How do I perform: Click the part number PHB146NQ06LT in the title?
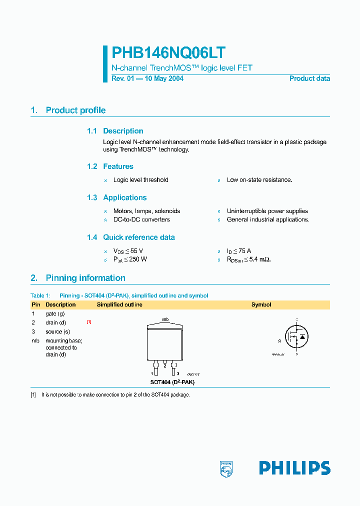pos(168,53)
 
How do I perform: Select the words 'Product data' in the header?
pos(309,78)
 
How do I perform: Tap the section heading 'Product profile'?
pos(75,110)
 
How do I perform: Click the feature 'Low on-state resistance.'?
pos(259,180)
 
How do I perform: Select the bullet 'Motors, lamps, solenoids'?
pos(146,211)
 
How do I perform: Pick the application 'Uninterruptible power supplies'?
pos(267,211)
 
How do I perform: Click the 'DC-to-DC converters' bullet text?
pos(141,219)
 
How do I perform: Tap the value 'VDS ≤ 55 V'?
pos(128,251)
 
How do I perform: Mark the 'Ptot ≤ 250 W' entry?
pos(130,259)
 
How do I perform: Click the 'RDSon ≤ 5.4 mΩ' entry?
pos(248,259)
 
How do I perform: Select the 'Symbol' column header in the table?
pos(261,304)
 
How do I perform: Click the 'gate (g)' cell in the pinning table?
pos(55,313)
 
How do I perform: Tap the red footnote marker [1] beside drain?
pos(88,322)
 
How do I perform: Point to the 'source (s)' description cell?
pos(57,331)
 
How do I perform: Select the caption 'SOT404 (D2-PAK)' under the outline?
pos(172,382)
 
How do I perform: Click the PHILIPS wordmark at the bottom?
pos(294,468)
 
